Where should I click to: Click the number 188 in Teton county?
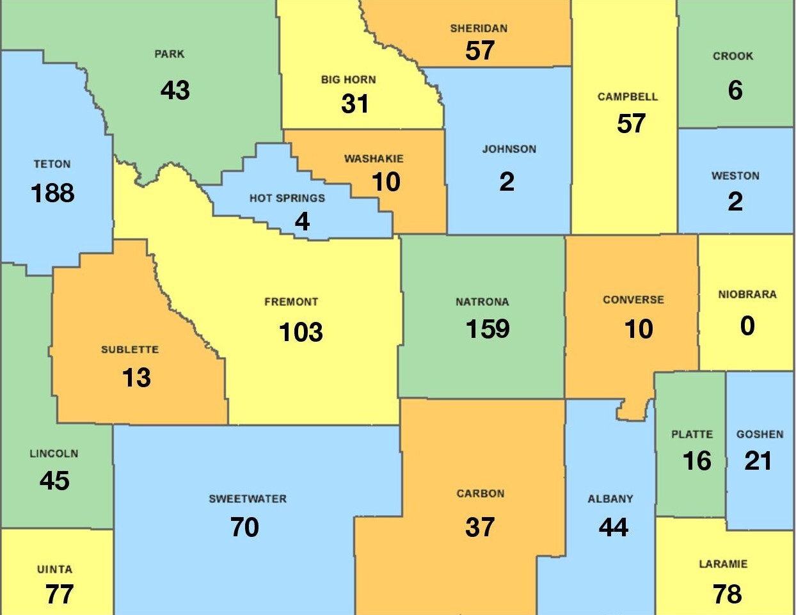52,193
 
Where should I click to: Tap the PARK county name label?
170,54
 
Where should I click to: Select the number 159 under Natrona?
488,329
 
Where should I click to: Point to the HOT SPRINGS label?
287,198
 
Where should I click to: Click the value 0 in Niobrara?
747,326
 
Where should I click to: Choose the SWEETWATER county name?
248,499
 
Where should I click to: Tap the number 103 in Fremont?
301,332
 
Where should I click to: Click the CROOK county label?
733,56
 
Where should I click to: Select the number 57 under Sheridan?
480,51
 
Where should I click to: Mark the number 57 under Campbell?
631,124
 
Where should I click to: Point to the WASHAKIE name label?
374,159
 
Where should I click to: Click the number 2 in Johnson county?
507,182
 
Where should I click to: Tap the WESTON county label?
735,176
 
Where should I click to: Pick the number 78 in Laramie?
728,594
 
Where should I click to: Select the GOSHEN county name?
760,435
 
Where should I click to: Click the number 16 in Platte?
697,461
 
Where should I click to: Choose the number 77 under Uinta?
60,594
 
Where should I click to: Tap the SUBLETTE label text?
130,350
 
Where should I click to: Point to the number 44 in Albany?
614,527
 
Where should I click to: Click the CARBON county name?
481,494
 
